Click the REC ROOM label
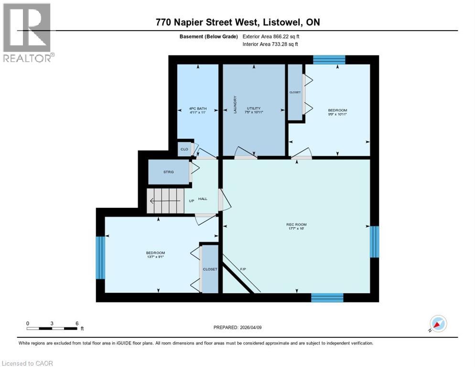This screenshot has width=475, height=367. [296, 225]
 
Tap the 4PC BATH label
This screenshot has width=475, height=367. [198, 108]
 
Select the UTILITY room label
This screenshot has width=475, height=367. [254, 108]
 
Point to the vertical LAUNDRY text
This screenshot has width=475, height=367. [235, 105]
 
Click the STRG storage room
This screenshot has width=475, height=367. [168, 172]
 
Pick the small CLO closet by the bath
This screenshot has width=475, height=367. [184, 149]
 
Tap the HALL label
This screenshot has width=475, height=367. [203, 199]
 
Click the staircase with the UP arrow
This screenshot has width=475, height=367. [165, 201]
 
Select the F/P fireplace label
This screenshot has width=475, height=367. [243, 269]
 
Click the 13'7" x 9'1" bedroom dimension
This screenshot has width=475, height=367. [155, 257]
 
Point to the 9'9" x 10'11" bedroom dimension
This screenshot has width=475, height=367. [337, 114]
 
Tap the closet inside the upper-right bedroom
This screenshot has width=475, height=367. [295, 92]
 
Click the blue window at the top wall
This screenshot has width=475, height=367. [329, 60]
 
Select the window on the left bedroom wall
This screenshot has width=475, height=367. [100, 258]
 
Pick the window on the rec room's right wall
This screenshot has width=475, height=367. [375, 242]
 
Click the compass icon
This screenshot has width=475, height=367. [438, 324]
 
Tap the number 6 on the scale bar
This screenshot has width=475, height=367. [77, 324]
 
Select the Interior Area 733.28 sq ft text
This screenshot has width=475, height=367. [270, 44]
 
